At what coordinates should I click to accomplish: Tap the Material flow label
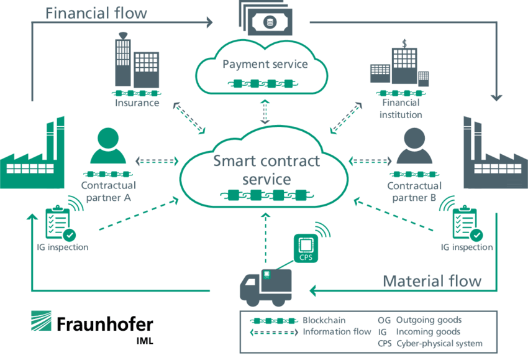tap(432, 280)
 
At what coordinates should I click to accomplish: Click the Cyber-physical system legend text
tap(439, 343)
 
